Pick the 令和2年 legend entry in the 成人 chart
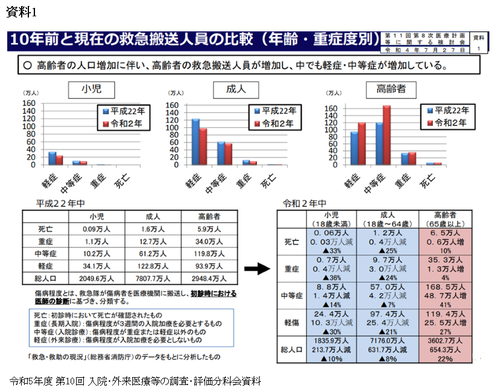click(275, 123)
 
